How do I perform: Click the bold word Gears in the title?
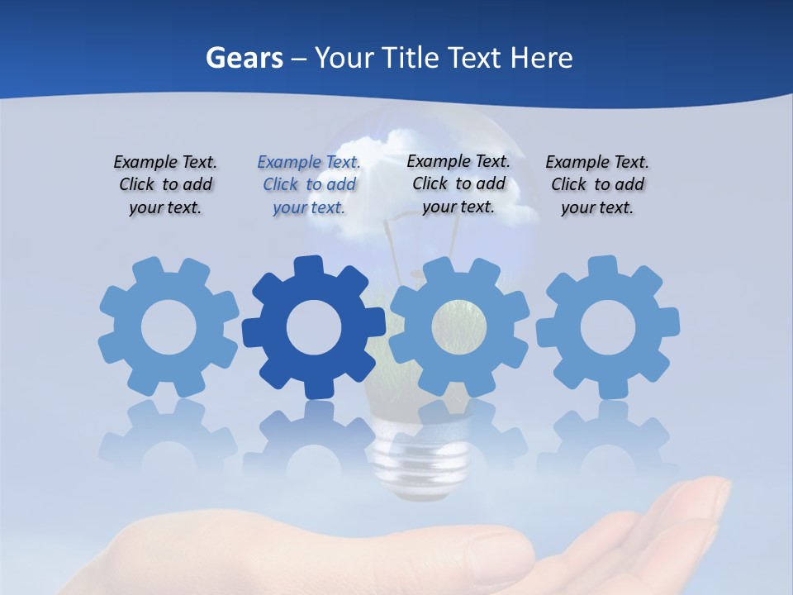[x=245, y=58]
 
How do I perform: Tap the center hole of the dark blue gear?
[x=314, y=328]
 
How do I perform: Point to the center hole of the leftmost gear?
[x=169, y=328]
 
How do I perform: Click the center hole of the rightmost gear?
[x=608, y=328]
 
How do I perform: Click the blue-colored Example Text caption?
[x=309, y=184]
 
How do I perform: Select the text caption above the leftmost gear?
[x=165, y=184]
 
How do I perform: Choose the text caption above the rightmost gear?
[x=597, y=184]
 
